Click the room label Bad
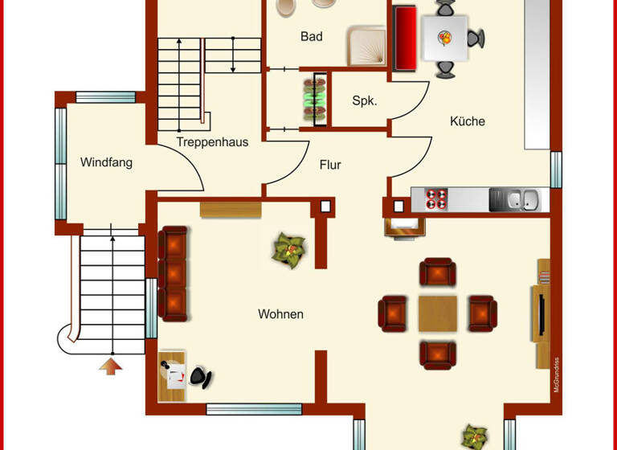(x=312, y=36)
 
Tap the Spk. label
(x=364, y=100)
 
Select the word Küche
(x=467, y=121)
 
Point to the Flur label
(x=330, y=165)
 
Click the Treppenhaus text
(x=213, y=142)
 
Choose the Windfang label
(x=106, y=162)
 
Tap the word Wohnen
(x=280, y=314)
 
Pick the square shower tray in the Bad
(x=367, y=45)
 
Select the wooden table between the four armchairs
(x=437, y=313)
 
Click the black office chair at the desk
(x=201, y=376)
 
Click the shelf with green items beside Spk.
(x=315, y=99)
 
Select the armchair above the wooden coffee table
(x=438, y=272)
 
